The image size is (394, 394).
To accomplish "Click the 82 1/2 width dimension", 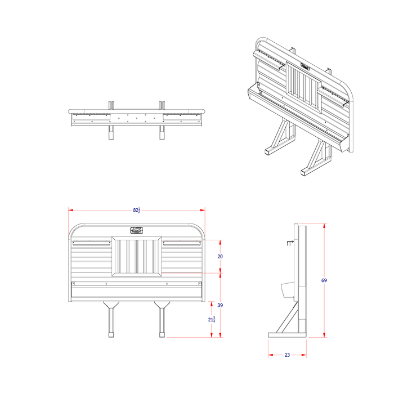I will [137, 210].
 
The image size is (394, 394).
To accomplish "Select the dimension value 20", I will [221, 256].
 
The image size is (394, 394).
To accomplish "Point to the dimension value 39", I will [221, 305].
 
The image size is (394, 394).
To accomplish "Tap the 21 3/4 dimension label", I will [212, 319].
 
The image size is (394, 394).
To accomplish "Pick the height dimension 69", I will [324, 280].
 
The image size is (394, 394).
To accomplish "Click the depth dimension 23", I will [287, 355].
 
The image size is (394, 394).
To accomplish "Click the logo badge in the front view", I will [137, 230].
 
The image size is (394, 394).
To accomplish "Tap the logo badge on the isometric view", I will [304, 66].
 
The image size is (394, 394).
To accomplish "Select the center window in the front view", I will [137, 257].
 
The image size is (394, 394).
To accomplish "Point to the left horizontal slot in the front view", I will [92, 244].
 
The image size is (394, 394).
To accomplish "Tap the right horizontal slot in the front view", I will [181, 244].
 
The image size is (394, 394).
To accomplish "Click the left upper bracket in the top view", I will [111, 104].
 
